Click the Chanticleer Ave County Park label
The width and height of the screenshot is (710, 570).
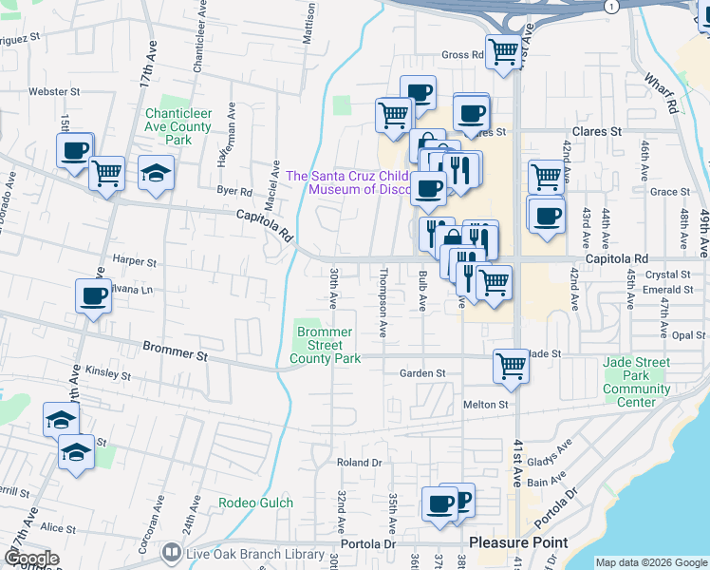tap(177, 126)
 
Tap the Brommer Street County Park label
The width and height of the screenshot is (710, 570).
tap(325, 346)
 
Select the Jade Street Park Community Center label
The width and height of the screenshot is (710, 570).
tap(636, 382)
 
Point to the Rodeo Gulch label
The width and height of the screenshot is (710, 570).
tap(255, 503)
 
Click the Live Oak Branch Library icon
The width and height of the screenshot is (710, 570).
tap(171, 552)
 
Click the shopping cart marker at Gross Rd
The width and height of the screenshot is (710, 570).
tap(502, 51)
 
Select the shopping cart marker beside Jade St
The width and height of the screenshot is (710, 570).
tap(511, 365)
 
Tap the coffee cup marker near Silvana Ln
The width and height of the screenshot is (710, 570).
tap(93, 296)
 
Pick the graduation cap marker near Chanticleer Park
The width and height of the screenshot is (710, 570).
tap(157, 173)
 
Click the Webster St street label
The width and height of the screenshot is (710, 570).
tap(54, 93)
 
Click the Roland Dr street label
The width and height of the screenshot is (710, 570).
tap(359, 463)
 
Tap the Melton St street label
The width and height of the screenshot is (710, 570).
tap(487, 405)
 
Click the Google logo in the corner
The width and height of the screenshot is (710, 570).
tap(30, 559)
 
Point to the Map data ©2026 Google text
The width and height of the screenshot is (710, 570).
tap(651, 562)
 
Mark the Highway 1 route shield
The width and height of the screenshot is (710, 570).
tap(614, 6)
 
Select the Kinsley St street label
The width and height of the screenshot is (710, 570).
tap(107, 375)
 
